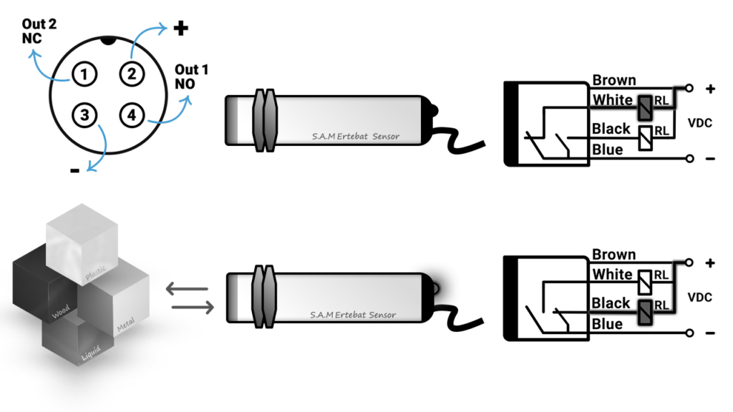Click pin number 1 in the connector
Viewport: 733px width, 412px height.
point(84,73)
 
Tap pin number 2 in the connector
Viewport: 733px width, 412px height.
point(131,72)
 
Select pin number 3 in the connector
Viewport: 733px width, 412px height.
point(84,114)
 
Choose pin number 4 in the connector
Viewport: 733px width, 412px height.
point(131,114)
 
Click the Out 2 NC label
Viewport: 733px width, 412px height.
point(39,31)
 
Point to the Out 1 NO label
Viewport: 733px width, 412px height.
point(192,77)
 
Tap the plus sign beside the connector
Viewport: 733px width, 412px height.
point(181,29)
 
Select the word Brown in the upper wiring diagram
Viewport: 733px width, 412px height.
point(614,80)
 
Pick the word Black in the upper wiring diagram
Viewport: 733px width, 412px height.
point(611,129)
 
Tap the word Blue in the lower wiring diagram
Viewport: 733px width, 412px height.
point(607,324)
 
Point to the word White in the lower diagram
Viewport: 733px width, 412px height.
point(613,275)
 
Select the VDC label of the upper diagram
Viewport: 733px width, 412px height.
point(699,122)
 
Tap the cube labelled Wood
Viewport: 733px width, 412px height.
point(43,286)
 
